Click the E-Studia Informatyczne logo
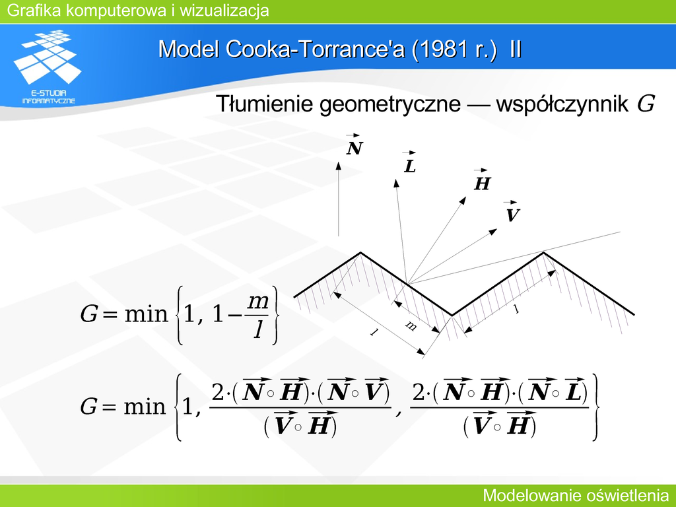(48, 67)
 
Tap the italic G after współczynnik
(646, 104)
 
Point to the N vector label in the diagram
(355, 145)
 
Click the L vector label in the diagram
(409, 162)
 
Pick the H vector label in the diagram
(481, 180)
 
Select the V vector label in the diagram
(512, 212)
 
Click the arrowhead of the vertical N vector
(339, 166)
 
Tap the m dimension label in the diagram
(411, 326)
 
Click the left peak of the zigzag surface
(360, 253)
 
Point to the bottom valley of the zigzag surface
(452, 315)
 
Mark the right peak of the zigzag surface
(543, 253)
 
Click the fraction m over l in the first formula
(258, 316)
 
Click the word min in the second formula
(145, 406)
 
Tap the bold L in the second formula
(574, 391)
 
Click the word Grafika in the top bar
(34, 11)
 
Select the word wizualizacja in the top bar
(224, 11)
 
